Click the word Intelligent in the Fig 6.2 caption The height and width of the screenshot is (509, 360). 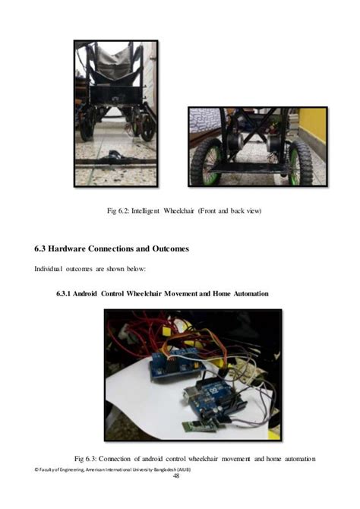[152, 210]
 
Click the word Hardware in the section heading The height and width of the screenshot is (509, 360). [77, 249]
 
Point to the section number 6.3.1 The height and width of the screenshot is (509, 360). [68, 293]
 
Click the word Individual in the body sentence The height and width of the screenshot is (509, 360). [51, 268]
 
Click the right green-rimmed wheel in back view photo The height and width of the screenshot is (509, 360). [301, 162]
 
